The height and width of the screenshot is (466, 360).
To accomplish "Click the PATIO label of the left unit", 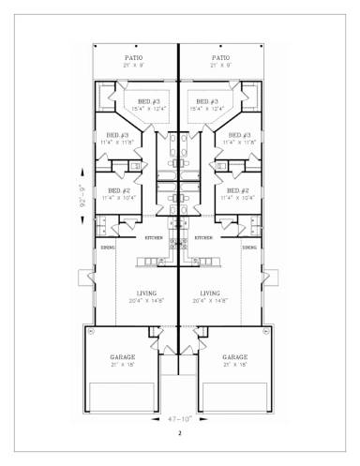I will pyautogui.click(x=134, y=58).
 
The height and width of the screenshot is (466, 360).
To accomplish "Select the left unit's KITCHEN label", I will pyautogui.click(x=153, y=238).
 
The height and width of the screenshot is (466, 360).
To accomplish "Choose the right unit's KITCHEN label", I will pyautogui.click(x=203, y=238).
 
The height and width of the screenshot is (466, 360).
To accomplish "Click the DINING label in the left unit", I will pyautogui.click(x=108, y=248).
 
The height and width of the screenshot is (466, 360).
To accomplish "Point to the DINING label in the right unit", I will pyautogui.click(x=249, y=248).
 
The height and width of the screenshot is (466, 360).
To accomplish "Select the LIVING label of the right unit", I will pyautogui.click(x=210, y=293).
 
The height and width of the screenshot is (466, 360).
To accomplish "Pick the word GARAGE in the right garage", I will pyautogui.click(x=235, y=357).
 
